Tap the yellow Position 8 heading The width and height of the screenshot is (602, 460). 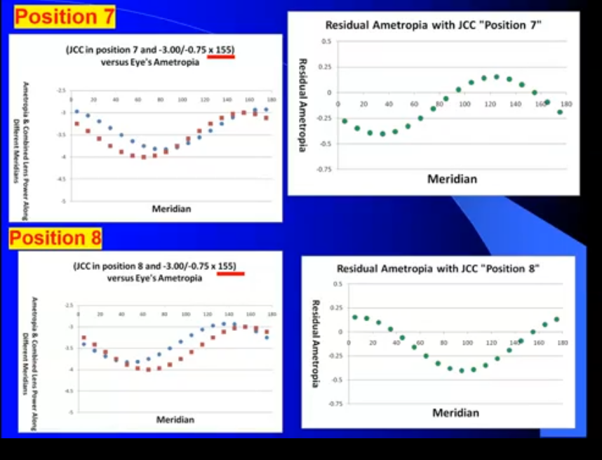click(55, 238)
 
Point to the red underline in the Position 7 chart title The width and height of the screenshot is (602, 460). click(221, 57)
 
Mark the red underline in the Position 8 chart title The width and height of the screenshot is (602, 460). click(231, 273)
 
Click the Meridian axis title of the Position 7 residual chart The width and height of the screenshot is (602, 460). click(452, 179)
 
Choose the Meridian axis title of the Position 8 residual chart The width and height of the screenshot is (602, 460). click(455, 412)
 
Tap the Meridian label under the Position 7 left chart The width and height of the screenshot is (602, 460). click(172, 208)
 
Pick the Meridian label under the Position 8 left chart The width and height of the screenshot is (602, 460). click(175, 419)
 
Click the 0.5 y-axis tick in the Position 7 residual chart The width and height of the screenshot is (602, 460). click(326, 42)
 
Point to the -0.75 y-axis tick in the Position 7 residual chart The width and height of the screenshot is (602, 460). click(323, 170)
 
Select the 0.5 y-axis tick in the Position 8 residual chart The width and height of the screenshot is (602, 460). click(337, 284)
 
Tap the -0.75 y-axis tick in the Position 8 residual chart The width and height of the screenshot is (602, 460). click(335, 404)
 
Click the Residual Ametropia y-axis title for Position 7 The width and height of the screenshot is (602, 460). click(303, 105)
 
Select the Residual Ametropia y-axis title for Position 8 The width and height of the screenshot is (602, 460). click(315, 344)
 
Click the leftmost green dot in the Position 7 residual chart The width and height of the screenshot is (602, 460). click(345, 121)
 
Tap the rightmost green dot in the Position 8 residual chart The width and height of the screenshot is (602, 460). click(556, 319)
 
